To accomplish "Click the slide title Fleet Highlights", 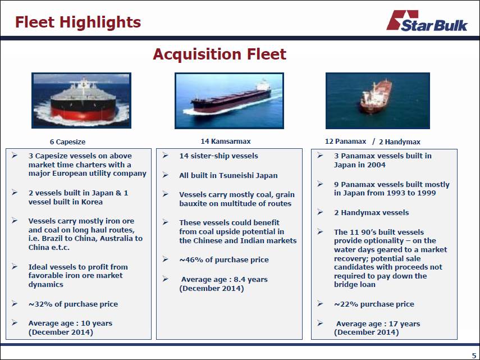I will pos(77,22).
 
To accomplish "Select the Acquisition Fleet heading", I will pos(219,54).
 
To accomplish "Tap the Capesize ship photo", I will pos(81,100).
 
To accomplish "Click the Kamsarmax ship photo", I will pos(229,100).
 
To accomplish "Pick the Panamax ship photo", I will pos(377,100).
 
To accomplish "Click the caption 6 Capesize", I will pos(67,142).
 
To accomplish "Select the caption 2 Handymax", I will pos(399,142).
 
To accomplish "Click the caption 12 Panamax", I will pos(345,141).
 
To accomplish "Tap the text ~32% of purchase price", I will pos(73,304).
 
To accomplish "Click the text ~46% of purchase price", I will pos(223,259).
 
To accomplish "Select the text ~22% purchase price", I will pos(374,304).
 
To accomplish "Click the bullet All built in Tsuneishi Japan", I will pos(228,175).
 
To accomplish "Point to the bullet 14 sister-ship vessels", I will pos(218,156).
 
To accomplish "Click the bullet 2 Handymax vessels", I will pos(371,212).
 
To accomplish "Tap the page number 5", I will pos(474,354).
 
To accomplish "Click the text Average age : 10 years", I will pos(70,323).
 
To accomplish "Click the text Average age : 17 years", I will pos(378,323).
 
